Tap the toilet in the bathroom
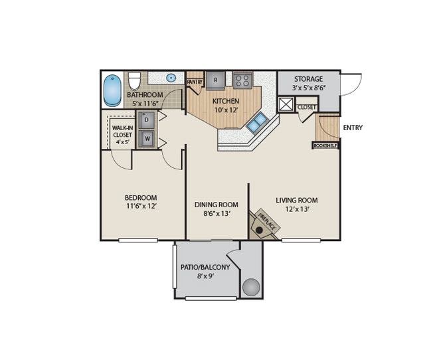(134, 81)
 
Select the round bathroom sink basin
(171, 78)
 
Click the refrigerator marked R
(215, 80)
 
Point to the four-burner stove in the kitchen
(242, 81)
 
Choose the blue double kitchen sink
(256, 122)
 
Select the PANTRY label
(195, 82)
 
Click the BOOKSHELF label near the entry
(325, 145)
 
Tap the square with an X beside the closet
(286, 104)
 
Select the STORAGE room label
(308, 79)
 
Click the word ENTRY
(353, 128)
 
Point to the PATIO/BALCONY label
(205, 267)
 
